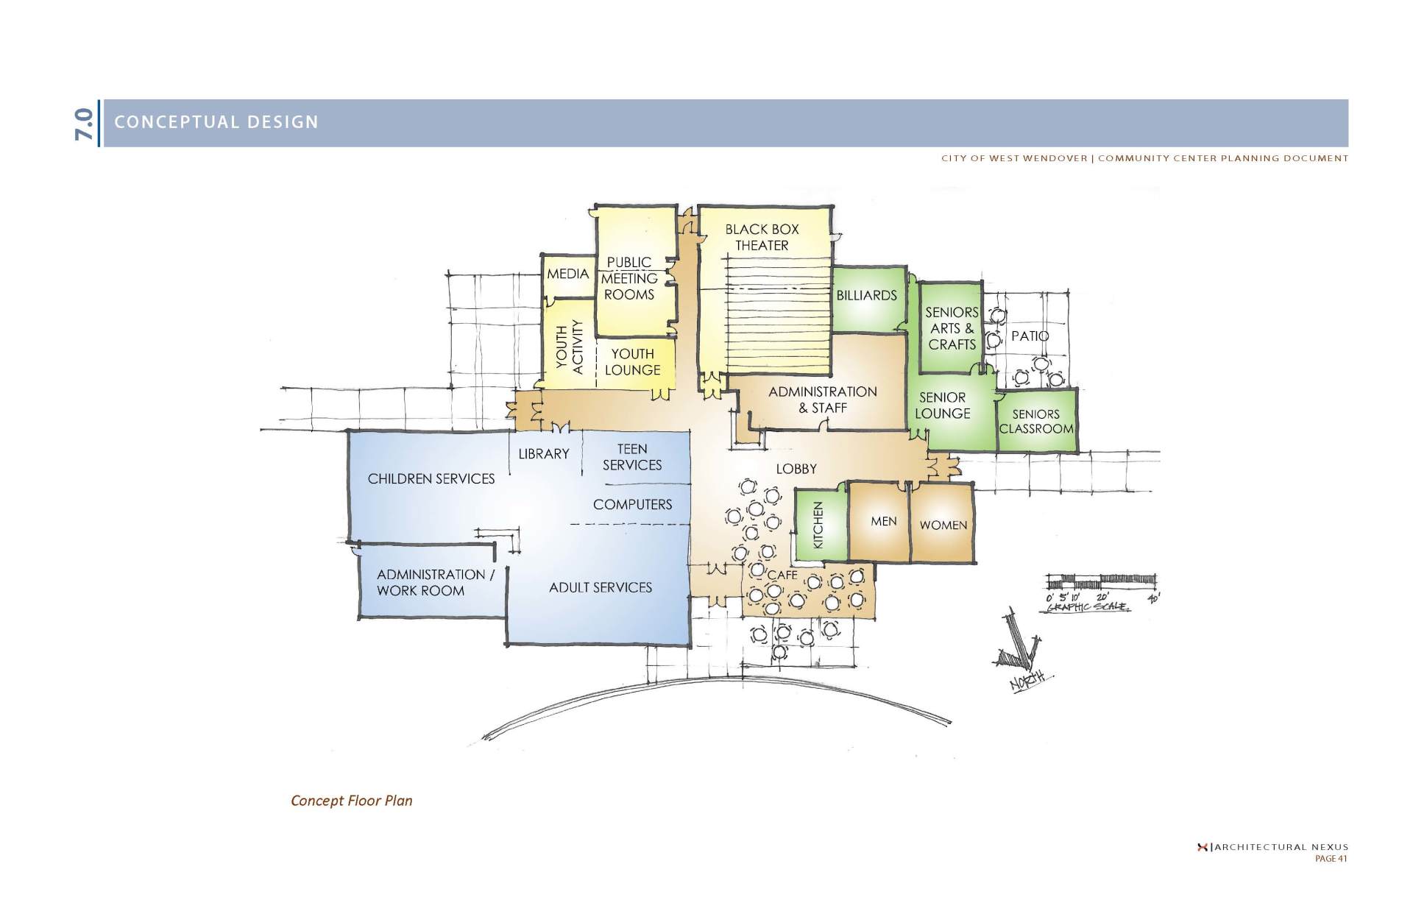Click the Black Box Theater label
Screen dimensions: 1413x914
(762, 237)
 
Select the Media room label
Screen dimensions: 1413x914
(567, 274)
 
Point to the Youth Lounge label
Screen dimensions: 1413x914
(632, 362)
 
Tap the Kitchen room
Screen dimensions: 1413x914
(821, 524)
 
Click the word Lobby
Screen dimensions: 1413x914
(796, 469)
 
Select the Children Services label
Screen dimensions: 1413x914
(431, 479)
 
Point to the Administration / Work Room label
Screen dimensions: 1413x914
(435, 583)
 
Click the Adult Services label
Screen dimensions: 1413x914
(601, 587)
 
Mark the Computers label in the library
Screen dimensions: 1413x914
(633, 505)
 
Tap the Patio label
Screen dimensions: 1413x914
(1030, 336)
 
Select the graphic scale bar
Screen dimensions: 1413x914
(1100, 581)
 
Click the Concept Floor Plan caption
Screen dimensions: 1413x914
(352, 801)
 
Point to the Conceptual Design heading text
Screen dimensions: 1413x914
(216, 122)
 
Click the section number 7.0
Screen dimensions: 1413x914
(84, 124)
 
